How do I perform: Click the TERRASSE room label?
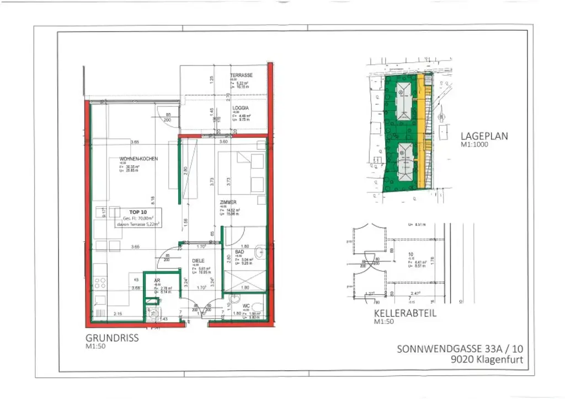(241, 75)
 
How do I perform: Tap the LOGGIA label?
(239, 108)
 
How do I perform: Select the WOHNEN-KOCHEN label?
(138, 159)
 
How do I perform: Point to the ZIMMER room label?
(228, 202)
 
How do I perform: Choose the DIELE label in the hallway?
(199, 261)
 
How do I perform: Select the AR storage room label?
(157, 280)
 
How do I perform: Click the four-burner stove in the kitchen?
(100, 283)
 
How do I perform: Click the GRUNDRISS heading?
(111, 338)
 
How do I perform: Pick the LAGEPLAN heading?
(484, 136)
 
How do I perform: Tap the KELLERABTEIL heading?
(404, 314)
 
